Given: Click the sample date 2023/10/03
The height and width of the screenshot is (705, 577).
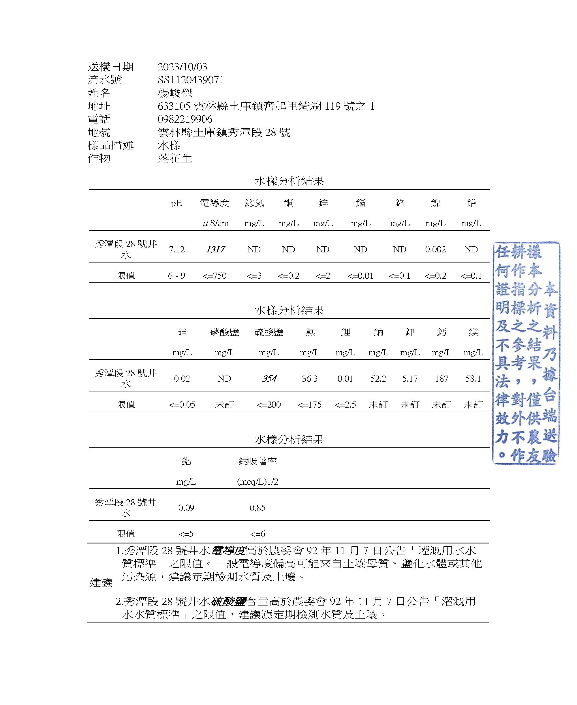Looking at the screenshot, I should pyautogui.click(x=182, y=67).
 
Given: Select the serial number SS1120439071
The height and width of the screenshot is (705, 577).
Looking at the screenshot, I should pyautogui.click(x=191, y=80).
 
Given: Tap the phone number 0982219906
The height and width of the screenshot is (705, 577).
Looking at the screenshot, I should pyautogui.click(x=185, y=119).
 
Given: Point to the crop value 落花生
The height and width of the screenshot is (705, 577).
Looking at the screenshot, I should pyautogui.click(x=175, y=158).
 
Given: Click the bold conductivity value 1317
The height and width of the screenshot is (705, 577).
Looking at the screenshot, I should pyautogui.click(x=215, y=250).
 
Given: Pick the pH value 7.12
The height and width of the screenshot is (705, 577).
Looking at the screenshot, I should pyautogui.click(x=176, y=250).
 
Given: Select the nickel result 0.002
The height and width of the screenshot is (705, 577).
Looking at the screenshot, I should pyautogui.click(x=435, y=250).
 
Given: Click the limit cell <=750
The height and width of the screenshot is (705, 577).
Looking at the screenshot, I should pyautogui.click(x=214, y=276).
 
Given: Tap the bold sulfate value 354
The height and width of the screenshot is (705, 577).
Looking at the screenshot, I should pyautogui.click(x=269, y=378).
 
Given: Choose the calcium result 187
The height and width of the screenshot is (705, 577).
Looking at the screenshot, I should pyautogui.click(x=441, y=378).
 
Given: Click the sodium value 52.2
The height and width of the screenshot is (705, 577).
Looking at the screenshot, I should pyautogui.click(x=378, y=378).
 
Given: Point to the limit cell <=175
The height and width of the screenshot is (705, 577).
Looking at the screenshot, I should pyautogui.click(x=309, y=405).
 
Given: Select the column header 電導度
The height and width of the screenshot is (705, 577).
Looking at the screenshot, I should pyautogui.click(x=214, y=203).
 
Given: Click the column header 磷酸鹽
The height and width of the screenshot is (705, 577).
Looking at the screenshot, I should pyautogui.click(x=224, y=332).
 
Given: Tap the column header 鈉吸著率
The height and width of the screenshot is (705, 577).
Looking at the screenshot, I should pyautogui.click(x=257, y=461).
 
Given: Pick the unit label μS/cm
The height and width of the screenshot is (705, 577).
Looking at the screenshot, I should pyautogui.click(x=215, y=223).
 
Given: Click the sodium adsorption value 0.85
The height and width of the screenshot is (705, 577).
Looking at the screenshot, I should pyautogui.click(x=257, y=508).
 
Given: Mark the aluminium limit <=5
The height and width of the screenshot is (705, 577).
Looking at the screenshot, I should pyautogui.click(x=186, y=534).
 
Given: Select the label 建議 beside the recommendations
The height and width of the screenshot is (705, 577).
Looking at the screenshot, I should pyautogui.click(x=101, y=582).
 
